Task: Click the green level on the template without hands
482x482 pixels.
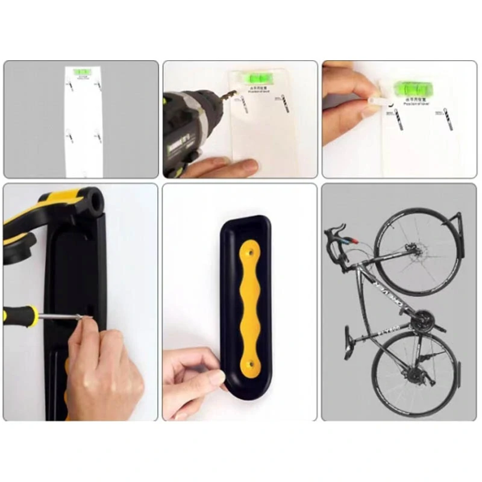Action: [83, 72]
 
